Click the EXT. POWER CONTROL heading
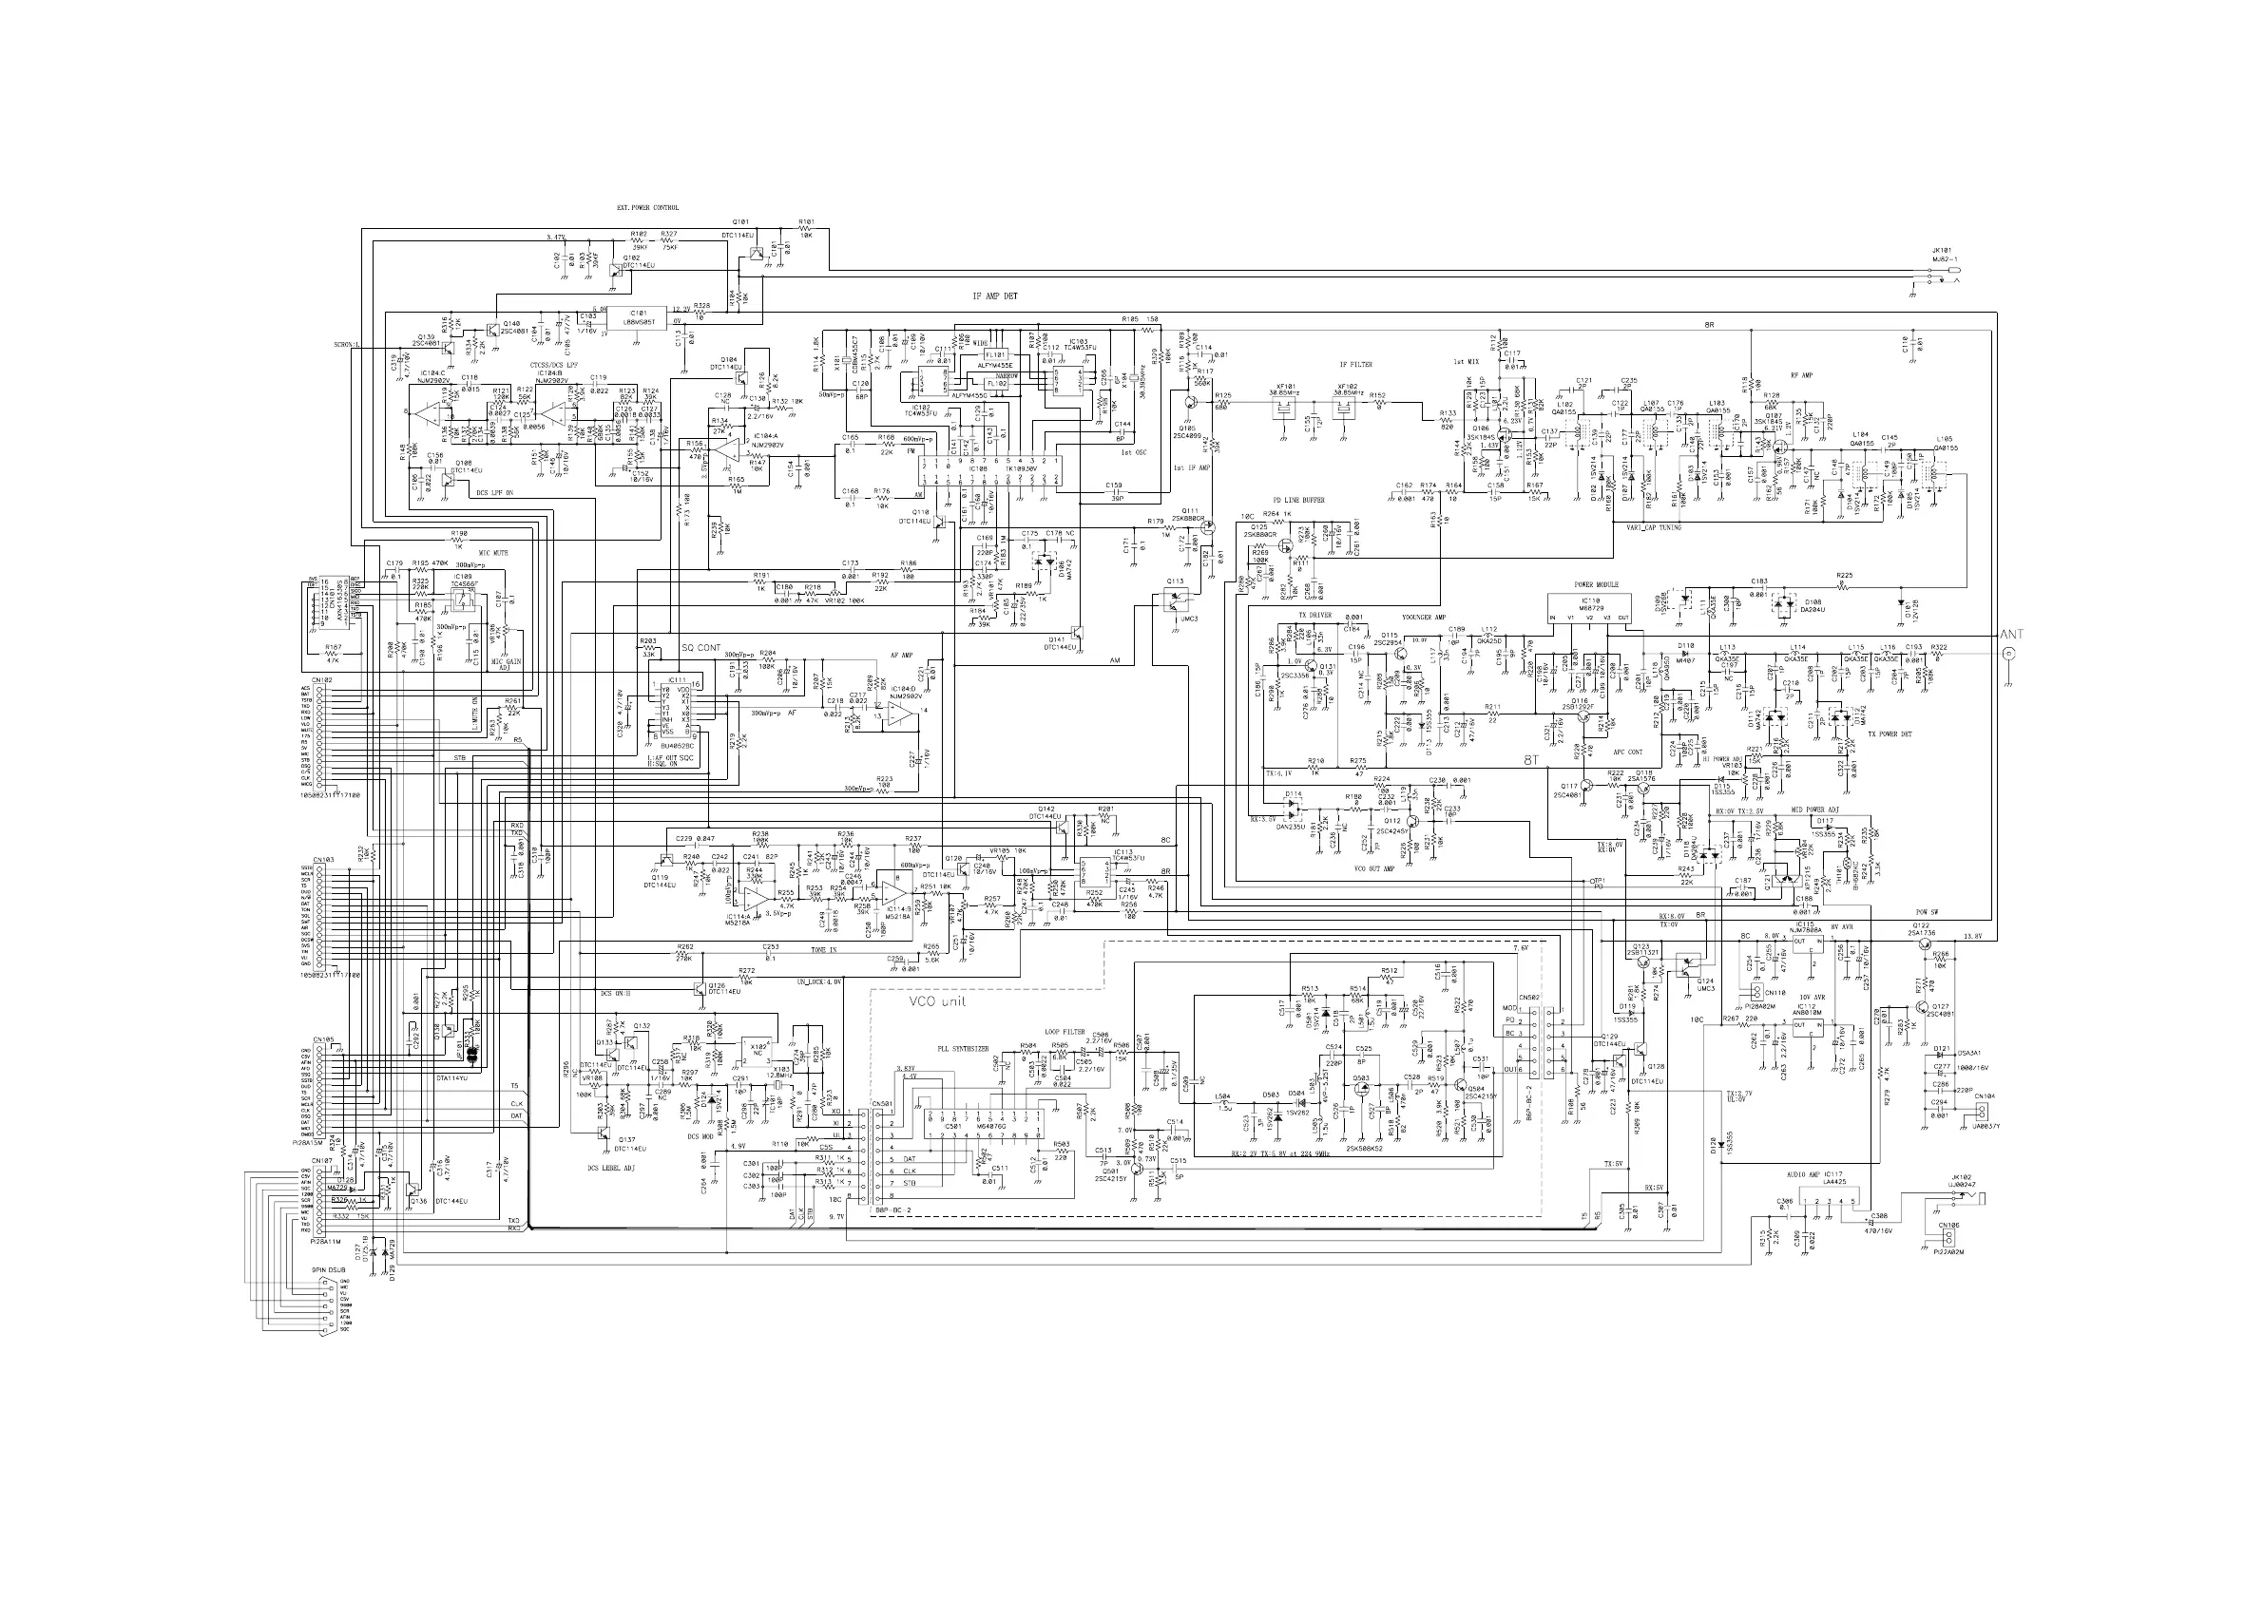pyautogui.click(x=648, y=208)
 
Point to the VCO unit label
pyautogui.click(x=937, y=1001)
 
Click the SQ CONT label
pyautogui.click(x=701, y=648)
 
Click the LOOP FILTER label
pyautogui.click(x=1064, y=1032)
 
